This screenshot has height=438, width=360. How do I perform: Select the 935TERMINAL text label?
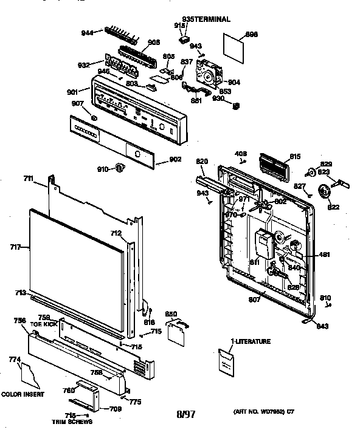tap(206, 19)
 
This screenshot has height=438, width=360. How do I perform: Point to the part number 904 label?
tap(234, 82)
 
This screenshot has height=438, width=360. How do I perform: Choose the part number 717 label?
tap(15, 247)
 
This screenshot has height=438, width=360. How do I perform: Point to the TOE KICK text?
tap(43, 325)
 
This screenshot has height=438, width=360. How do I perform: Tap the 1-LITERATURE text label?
tap(250, 342)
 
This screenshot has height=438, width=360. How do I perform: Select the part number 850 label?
tap(172, 313)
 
